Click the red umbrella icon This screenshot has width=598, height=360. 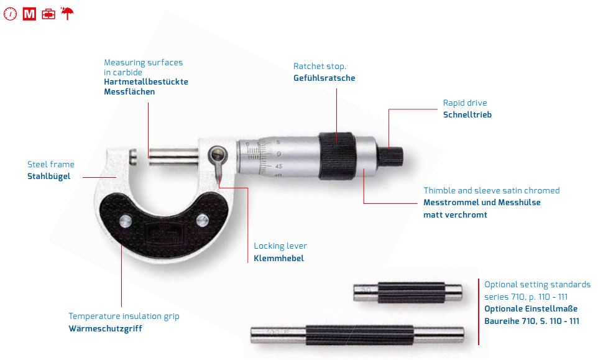click(67, 13)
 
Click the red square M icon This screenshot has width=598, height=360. click(29, 14)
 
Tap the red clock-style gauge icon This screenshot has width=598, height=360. click(11, 14)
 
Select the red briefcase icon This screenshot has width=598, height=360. click(48, 14)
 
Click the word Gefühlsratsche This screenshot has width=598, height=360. click(324, 78)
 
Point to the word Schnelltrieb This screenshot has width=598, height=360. click(467, 114)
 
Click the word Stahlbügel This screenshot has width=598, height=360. click(49, 176)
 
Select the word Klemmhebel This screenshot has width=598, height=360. click(278, 258)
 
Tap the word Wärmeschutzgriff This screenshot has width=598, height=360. click(105, 328)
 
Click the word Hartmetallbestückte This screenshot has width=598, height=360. click(146, 81)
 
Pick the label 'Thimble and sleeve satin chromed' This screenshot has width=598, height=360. click(492, 190)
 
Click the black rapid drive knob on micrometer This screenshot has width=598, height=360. click(390, 156)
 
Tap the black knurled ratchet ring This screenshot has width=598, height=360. click(337, 155)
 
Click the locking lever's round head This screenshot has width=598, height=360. click(218, 155)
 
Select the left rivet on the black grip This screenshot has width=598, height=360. click(125, 221)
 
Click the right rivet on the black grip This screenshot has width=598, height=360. click(203, 220)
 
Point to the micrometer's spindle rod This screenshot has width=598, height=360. click(174, 156)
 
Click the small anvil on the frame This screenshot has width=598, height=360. click(132, 157)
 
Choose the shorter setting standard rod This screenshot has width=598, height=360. click(408, 293)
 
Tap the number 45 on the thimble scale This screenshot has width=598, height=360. click(278, 166)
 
